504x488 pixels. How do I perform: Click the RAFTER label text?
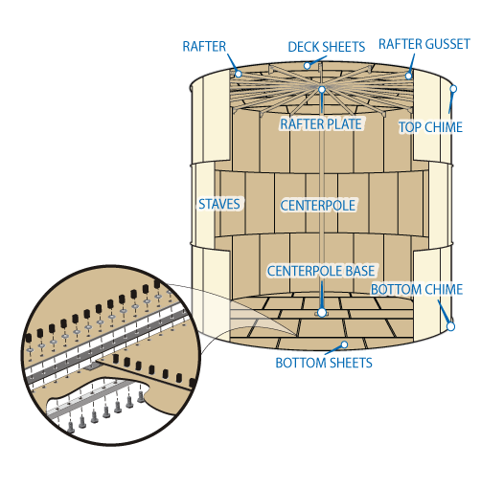click(x=204, y=47)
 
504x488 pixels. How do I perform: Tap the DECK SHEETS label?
click(x=326, y=47)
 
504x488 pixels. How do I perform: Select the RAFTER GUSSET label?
click(x=424, y=44)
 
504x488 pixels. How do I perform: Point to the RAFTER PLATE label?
click(x=321, y=124)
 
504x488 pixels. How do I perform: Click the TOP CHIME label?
click(x=431, y=127)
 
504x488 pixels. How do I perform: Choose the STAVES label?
click(x=219, y=204)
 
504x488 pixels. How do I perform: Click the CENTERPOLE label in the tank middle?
click(x=318, y=206)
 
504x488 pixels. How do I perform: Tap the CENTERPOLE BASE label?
click(x=321, y=271)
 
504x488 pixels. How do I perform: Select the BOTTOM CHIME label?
click(x=417, y=289)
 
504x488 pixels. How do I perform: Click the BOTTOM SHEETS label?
click(x=324, y=363)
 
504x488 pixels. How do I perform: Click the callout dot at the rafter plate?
click(x=322, y=90)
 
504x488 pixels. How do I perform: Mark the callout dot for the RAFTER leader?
click(x=239, y=75)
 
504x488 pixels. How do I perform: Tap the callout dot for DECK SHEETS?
click(x=308, y=66)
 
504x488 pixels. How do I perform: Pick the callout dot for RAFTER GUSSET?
click(x=408, y=77)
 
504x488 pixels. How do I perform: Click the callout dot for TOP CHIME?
click(x=453, y=89)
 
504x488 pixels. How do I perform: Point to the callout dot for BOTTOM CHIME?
click(x=451, y=326)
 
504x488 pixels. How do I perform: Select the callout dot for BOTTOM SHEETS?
click(x=344, y=344)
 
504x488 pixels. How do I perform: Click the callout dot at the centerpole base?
click(x=322, y=312)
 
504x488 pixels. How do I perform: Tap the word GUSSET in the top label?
click(x=447, y=44)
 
